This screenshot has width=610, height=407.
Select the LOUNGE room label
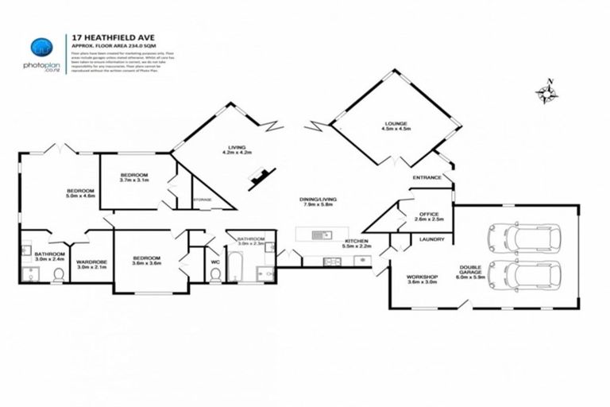[396, 124]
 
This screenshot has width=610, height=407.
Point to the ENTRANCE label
[427, 177]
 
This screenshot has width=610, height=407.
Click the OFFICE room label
[430, 213]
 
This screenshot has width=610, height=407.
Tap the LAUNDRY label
[432, 238]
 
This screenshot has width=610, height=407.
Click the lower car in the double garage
[523, 275]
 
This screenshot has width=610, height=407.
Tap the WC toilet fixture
[215, 274]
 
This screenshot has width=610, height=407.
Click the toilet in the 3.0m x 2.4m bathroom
[59, 275]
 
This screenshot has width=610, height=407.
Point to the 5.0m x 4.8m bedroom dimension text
[80, 197]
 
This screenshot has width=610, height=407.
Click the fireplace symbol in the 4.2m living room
[259, 180]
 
